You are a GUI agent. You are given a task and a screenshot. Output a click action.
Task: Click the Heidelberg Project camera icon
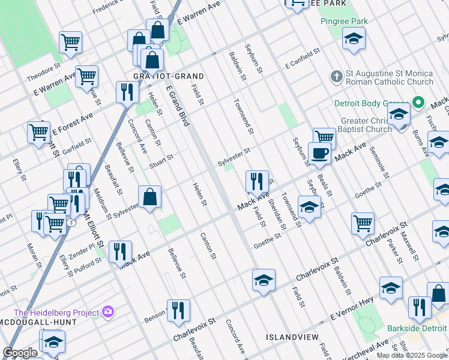(x=109, y=311)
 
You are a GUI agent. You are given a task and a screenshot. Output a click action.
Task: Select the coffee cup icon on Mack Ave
(x=319, y=153)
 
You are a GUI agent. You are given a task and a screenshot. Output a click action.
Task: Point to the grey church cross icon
(x=336, y=77)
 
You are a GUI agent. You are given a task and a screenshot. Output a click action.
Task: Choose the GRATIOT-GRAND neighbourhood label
(x=169, y=77)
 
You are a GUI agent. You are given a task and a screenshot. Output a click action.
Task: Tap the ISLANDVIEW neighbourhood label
(x=293, y=338)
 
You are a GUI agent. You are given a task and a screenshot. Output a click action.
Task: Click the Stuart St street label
(x=161, y=161)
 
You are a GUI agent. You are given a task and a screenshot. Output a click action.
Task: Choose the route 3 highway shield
(x=71, y=223)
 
